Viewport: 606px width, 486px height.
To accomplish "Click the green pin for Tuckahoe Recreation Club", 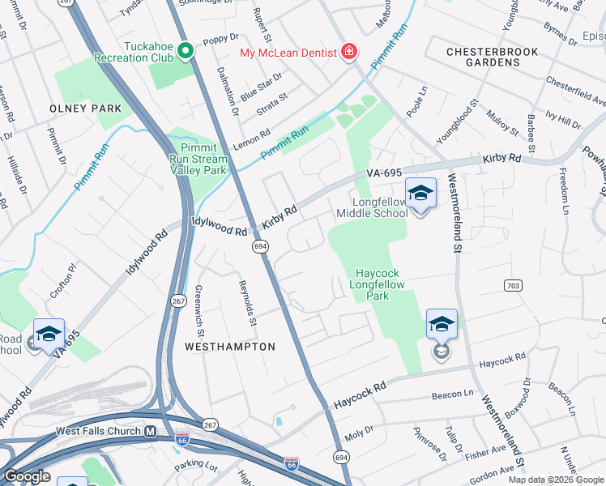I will click(185, 52).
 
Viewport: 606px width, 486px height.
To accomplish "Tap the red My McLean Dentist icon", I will click(349, 53).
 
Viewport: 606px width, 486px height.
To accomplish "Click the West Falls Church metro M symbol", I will click(150, 432).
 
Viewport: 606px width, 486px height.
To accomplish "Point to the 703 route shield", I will click(512, 285).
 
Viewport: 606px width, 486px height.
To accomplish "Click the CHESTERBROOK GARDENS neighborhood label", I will click(493, 57).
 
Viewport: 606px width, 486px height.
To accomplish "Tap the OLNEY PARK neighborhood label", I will click(85, 109).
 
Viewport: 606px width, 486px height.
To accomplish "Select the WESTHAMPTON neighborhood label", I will click(230, 347).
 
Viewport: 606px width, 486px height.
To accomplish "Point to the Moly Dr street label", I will click(358, 428).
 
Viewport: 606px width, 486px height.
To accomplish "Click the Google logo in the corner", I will click(27, 476).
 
